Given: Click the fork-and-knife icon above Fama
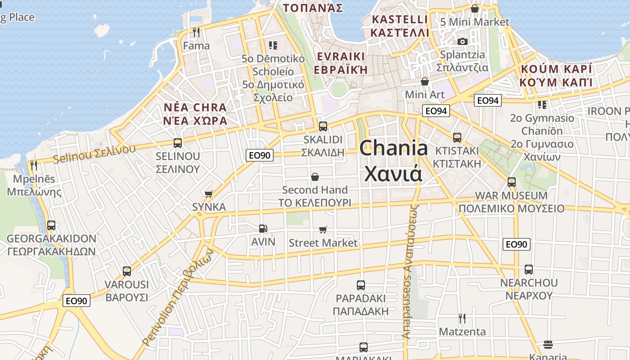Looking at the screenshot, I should [x=196, y=32].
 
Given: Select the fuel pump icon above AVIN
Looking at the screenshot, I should [x=263, y=229].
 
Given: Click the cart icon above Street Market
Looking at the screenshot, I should [x=323, y=230].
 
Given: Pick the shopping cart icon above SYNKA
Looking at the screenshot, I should [x=208, y=194].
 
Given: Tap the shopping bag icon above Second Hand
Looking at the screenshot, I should [x=315, y=177].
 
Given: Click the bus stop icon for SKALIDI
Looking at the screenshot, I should [x=323, y=126].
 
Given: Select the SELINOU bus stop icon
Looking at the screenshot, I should [x=178, y=143].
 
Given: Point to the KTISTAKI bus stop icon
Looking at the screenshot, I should [x=457, y=138].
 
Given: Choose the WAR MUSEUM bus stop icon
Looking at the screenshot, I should [x=511, y=182].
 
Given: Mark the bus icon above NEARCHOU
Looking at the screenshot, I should [x=528, y=270].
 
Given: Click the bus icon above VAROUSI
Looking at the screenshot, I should [x=127, y=271].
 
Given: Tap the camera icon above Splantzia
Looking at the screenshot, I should [x=462, y=41].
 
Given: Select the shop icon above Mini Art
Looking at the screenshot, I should [x=425, y=81].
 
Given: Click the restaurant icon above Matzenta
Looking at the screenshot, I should [x=462, y=319].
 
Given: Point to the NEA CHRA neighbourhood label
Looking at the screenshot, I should [x=195, y=114].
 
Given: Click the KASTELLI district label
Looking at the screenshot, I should [x=400, y=26].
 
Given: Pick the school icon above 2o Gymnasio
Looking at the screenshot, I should [x=542, y=105].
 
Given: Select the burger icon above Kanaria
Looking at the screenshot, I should [x=548, y=345].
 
